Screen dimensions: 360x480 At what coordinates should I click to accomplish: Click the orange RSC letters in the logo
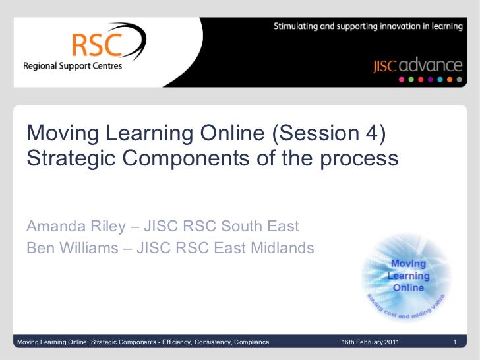97,45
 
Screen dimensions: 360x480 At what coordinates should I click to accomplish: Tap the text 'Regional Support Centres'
73,66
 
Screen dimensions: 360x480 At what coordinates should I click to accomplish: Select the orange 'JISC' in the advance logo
384,66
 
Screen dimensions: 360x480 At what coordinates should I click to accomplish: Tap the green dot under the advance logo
411,79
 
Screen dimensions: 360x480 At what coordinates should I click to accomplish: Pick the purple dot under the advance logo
430,79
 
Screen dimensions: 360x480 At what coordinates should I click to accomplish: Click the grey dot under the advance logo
459,79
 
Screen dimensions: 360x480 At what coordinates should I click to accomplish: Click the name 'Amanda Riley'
75,227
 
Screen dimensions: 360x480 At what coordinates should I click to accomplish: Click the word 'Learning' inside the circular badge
408,276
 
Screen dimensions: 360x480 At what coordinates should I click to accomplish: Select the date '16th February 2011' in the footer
369,342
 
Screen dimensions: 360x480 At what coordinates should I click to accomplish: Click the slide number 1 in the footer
455,342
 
